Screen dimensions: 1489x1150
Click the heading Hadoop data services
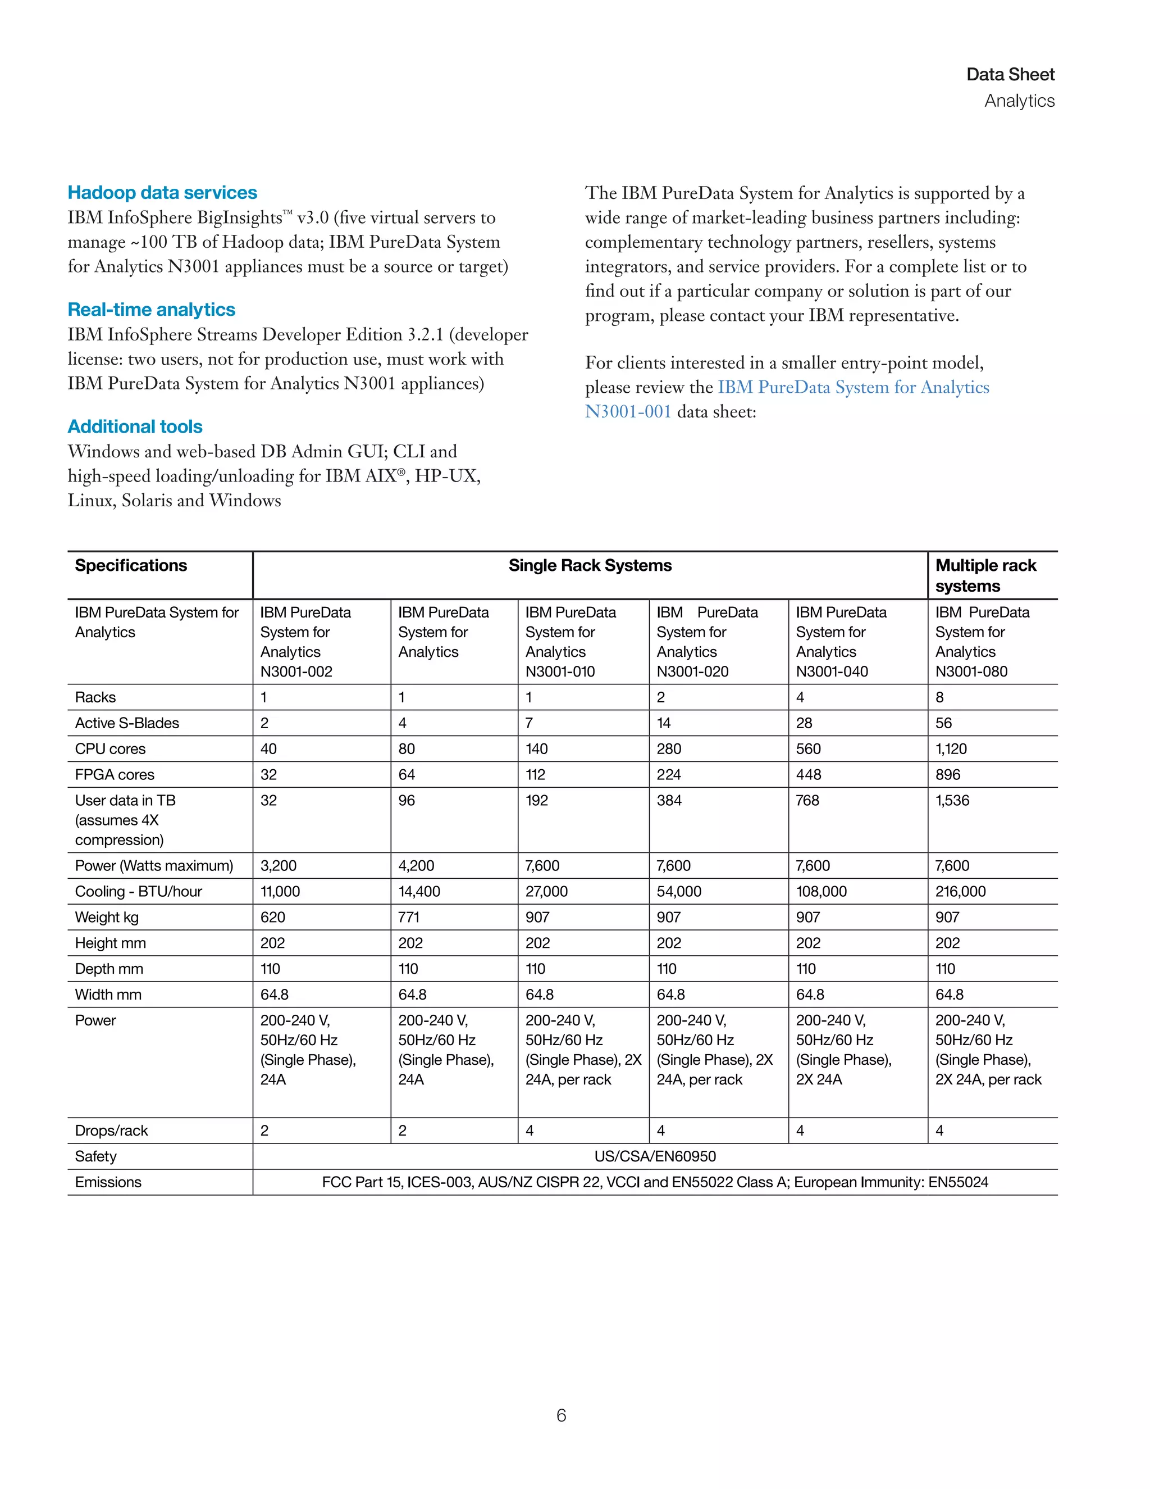point(162,193)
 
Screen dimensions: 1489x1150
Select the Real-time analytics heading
point(151,310)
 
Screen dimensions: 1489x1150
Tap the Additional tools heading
point(135,427)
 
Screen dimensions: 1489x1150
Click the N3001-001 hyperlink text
point(627,412)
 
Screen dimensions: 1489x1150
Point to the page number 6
point(561,1415)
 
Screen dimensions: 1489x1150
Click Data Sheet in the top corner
point(1010,74)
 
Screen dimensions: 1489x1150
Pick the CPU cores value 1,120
point(951,748)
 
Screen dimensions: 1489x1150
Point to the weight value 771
point(409,917)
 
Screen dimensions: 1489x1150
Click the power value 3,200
point(278,866)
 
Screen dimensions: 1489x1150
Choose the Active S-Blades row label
point(127,723)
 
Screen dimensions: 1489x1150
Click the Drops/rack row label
point(111,1131)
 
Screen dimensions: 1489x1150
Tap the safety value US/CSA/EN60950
point(655,1156)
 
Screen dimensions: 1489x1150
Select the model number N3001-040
point(832,671)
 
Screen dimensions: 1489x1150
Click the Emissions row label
point(108,1182)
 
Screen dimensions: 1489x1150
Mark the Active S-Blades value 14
point(664,723)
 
